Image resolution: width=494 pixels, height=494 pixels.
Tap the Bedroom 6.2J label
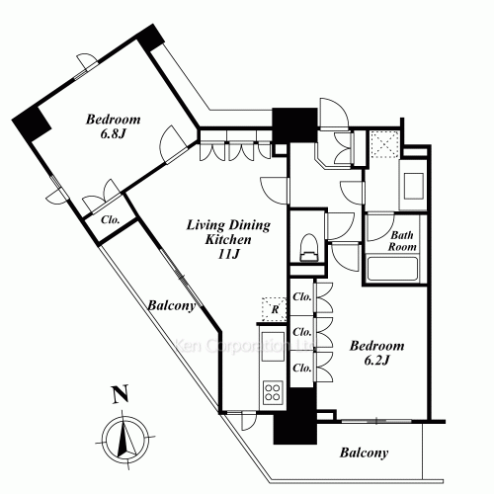click(x=377, y=355)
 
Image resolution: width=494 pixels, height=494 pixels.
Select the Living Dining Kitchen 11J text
click(x=216, y=239)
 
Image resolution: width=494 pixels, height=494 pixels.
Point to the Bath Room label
click(x=401, y=242)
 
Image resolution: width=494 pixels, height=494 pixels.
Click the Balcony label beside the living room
click(x=171, y=306)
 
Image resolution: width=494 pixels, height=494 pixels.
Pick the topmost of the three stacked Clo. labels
click(x=303, y=297)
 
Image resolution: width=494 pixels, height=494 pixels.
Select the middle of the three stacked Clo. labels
click(x=303, y=332)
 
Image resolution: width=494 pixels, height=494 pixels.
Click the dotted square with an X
click(x=383, y=144)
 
